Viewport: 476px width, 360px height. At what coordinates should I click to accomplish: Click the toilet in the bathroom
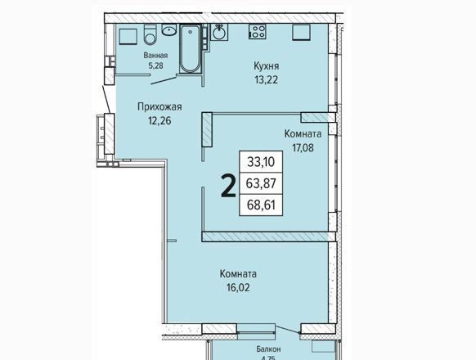click(x=150, y=34)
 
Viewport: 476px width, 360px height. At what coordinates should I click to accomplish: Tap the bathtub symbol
click(x=190, y=48)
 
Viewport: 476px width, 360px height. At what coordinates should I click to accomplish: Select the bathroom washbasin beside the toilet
click(x=169, y=29)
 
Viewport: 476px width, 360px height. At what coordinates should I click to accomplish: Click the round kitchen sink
click(x=218, y=32)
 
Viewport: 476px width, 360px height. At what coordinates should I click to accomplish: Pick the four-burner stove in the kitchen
click(x=258, y=32)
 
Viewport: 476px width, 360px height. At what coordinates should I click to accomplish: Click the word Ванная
click(x=155, y=56)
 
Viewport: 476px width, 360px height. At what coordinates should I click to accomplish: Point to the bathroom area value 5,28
click(x=155, y=65)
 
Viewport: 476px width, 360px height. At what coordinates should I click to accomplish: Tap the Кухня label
click(x=267, y=66)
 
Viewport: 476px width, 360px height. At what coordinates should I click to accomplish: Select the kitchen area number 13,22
click(x=267, y=80)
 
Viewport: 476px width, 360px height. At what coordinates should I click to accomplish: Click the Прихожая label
click(x=159, y=107)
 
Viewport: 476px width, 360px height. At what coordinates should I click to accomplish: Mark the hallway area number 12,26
click(x=159, y=121)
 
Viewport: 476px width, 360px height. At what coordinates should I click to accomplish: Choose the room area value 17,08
click(x=303, y=147)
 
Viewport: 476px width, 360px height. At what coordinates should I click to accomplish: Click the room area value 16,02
click(x=238, y=287)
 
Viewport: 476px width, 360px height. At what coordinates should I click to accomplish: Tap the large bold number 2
click(x=228, y=187)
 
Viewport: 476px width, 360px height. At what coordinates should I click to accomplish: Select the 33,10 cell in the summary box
click(x=261, y=162)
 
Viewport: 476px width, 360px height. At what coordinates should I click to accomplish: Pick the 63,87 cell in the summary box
click(x=261, y=183)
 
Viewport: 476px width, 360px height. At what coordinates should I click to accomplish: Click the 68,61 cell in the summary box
click(x=261, y=205)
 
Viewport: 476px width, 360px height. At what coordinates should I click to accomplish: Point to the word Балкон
click(x=268, y=349)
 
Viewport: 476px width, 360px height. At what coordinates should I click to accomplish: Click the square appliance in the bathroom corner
click(x=129, y=37)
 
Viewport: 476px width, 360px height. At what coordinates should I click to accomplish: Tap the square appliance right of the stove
click(x=302, y=33)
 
